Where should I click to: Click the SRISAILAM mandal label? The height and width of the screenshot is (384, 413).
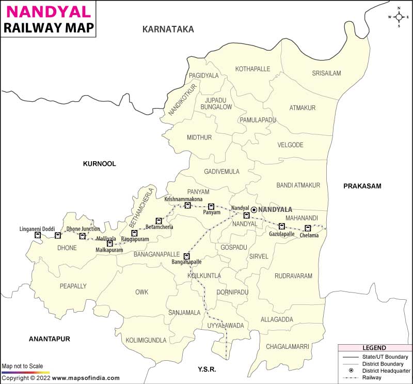point(326,73)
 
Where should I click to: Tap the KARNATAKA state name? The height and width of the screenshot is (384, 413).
point(168,29)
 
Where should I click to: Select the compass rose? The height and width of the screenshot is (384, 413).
point(399,17)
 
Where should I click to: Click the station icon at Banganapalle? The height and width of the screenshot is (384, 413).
point(187,256)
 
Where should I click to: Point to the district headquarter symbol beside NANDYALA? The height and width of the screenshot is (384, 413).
point(254,210)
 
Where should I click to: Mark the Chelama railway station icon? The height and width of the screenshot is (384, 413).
point(308,228)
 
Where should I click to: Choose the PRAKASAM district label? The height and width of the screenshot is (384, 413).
point(362,186)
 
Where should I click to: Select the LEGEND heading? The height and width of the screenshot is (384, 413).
point(374,348)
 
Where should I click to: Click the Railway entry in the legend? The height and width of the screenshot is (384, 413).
point(372,377)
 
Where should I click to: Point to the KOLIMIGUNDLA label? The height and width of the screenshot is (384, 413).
point(146,340)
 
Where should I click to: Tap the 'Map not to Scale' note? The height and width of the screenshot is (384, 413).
point(23,366)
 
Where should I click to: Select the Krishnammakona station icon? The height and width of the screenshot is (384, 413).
point(188,205)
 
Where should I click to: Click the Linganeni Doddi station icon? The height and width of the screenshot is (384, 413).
point(37,235)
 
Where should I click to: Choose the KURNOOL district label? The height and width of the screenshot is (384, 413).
point(100,164)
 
